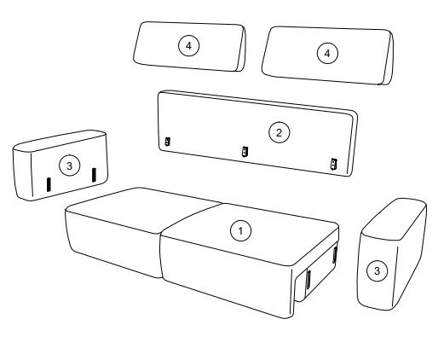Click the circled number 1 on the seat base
pos(240,231)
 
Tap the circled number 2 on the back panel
pos(279,132)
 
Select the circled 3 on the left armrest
pos(70,165)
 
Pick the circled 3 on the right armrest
pos(377,270)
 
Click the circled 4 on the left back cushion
pos(188,46)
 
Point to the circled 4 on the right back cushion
pos(327,53)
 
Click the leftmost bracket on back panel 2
pos(168,142)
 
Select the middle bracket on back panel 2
pos(245,151)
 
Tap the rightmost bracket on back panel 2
pos(333,164)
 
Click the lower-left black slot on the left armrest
pos(49,184)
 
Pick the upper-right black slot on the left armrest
pos(94,175)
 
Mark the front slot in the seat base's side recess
pos(308,279)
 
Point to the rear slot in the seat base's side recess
pos(335,255)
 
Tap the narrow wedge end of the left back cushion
pos(241,49)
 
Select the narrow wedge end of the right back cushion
pos(388,58)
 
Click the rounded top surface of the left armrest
pos(61,141)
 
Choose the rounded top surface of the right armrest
pos(395,219)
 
